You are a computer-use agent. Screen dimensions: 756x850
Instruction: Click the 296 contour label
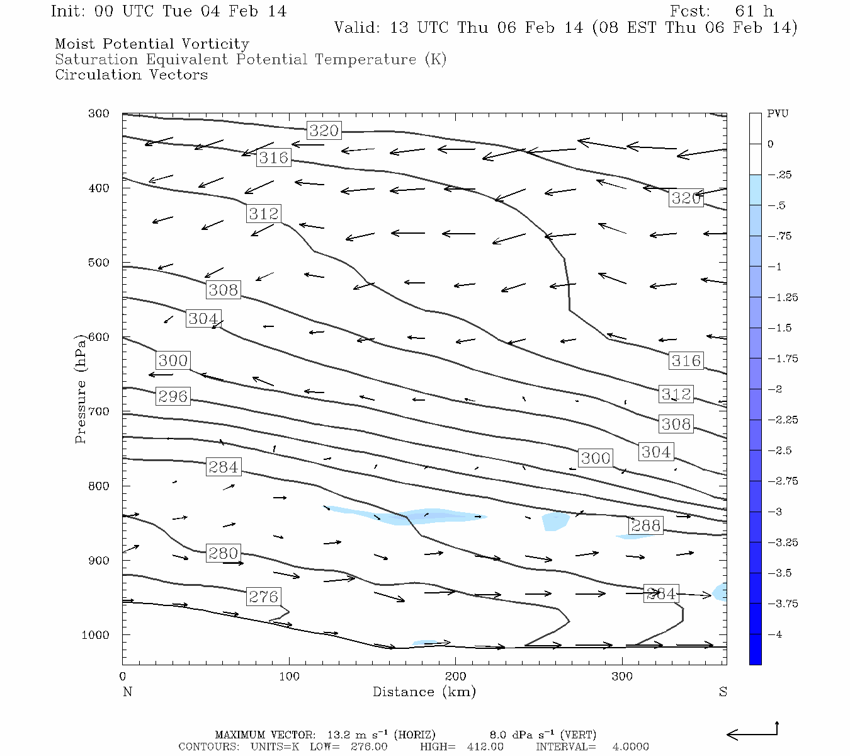[173, 396]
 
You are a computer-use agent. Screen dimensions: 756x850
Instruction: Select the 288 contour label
[645, 525]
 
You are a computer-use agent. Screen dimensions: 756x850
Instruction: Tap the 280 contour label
[223, 553]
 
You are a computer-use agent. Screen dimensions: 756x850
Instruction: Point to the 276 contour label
[263, 597]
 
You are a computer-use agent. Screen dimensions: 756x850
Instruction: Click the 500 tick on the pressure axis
[99, 263]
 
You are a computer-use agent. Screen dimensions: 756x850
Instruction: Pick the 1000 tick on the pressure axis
[96, 635]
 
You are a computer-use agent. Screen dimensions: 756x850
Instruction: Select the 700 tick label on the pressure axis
[99, 411]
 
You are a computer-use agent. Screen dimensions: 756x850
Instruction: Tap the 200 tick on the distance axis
[456, 677]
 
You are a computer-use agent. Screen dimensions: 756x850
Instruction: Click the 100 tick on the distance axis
[289, 677]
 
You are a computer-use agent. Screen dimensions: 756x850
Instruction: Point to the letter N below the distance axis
[127, 692]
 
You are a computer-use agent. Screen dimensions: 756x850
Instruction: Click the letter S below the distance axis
[723, 692]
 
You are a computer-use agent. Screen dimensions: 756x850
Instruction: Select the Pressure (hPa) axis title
[81, 388]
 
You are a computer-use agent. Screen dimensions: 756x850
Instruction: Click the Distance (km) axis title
[424, 692]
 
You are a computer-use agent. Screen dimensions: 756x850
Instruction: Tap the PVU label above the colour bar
[777, 114]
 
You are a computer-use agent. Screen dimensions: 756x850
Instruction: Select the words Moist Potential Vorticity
[152, 44]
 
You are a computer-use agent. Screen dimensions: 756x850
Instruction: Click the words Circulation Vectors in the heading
[131, 75]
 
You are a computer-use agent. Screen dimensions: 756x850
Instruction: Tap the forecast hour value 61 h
[754, 11]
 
